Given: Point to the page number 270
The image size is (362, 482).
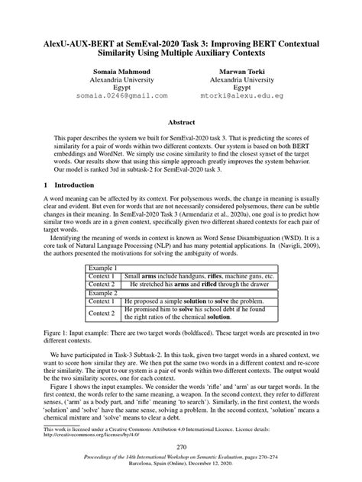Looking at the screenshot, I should [181, 446].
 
